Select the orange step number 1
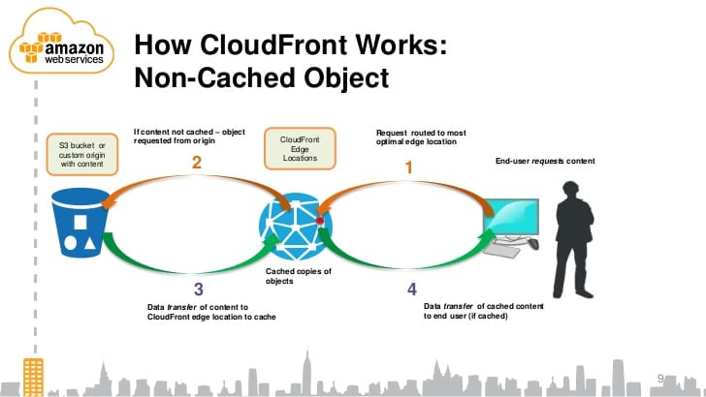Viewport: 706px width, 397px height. (x=408, y=168)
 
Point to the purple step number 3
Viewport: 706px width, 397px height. (x=198, y=289)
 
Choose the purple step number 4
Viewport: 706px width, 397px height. (x=411, y=289)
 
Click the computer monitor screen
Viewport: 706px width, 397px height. (x=513, y=221)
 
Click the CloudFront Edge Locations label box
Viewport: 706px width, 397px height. (x=300, y=149)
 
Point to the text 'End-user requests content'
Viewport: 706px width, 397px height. (x=545, y=160)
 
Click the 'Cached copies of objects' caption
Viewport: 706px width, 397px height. (x=298, y=276)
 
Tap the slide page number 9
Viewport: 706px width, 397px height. (x=661, y=377)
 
